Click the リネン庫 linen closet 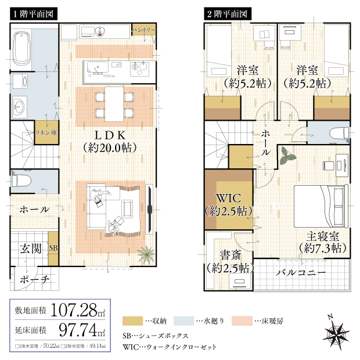coord(46,132)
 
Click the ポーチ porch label coord(34,279)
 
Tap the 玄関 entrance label coord(30,249)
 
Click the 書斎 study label coord(228,261)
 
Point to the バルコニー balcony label coord(300,273)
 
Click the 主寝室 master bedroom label coord(323,242)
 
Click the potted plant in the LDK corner coord(145,254)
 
